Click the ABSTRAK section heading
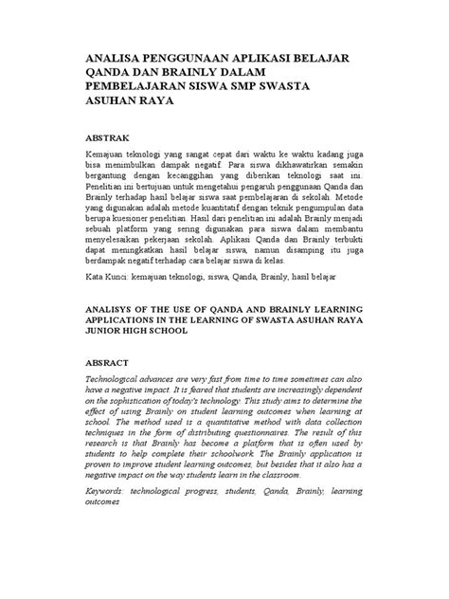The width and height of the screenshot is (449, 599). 110,136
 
